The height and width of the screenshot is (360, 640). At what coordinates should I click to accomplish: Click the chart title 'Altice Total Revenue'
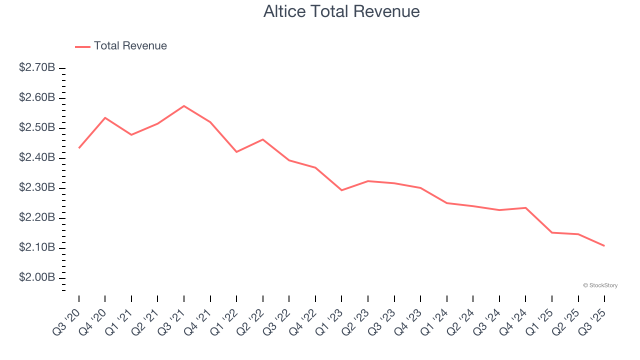tap(341, 11)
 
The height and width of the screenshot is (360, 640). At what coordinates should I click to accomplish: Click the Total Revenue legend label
tap(130, 46)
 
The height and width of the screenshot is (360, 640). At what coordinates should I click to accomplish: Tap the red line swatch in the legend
tap(82, 46)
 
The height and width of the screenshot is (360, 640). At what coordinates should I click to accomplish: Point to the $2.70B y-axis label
tap(37, 67)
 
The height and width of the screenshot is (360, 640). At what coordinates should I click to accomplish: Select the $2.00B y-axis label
tap(37, 277)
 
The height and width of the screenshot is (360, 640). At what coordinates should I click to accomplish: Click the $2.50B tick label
tap(37, 127)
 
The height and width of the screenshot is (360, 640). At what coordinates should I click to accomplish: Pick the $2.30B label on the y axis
tap(37, 187)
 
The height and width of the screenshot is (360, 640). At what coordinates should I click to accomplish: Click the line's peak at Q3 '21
tap(184, 106)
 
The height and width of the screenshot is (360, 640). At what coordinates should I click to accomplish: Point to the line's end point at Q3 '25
tap(604, 245)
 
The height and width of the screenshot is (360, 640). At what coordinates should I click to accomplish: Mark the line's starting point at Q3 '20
tap(79, 148)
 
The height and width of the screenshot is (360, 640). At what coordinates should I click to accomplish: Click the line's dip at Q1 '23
tap(341, 190)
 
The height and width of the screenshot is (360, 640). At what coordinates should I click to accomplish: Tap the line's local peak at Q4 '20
tap(105, 117)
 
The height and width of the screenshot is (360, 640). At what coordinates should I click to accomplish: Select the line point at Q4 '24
tap(525, 207)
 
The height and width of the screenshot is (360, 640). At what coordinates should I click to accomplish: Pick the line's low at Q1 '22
tap(236, 151)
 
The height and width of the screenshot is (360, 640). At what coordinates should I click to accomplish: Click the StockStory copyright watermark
tap(600, 285)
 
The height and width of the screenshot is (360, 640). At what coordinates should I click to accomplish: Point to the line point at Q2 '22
tap(263, 139)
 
